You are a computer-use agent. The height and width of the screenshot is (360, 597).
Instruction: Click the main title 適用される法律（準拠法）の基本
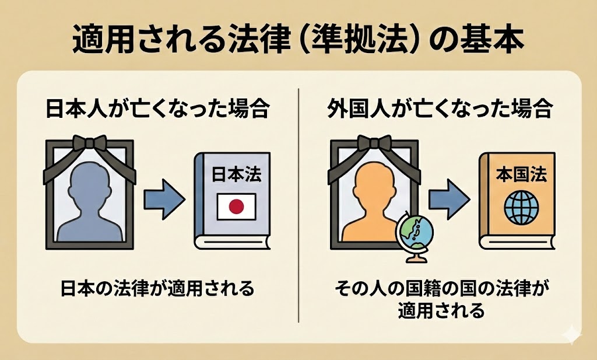click(298, 40)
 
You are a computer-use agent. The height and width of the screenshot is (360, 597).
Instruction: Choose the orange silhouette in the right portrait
click(373, 204)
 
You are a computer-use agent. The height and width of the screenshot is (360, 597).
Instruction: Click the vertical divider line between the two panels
click(298, 204)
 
